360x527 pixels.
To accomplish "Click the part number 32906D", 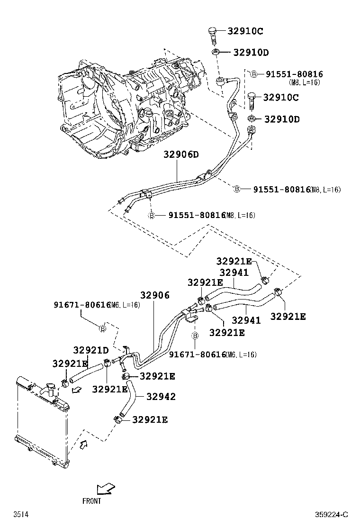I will coord(181,154).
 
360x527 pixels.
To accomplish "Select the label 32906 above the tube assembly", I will coord(154,295).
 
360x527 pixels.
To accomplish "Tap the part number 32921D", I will coord(91,350).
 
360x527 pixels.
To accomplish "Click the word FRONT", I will coord(91,500).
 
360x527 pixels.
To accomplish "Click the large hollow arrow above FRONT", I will coord(105,489).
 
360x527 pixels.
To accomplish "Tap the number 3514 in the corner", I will coord(20,515).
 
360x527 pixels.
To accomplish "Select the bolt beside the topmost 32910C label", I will coord(212,34).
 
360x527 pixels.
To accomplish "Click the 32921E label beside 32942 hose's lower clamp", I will coord(150,419).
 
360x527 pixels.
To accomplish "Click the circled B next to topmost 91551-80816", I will coord(253,74).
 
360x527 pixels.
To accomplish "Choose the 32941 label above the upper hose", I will coord(234,273).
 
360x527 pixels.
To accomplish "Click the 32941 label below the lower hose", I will coord(246,320).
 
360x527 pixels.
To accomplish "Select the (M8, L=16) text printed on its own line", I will coord(304,82).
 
